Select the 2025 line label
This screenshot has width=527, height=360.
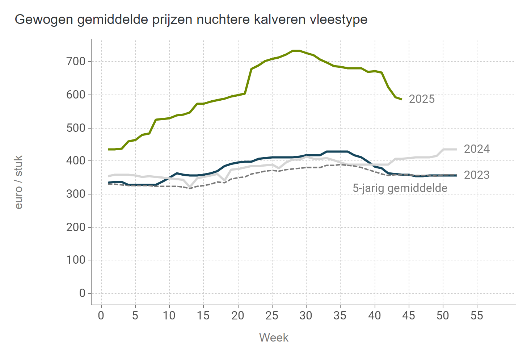pos(422,99)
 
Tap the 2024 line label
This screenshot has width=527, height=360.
pos(477,149)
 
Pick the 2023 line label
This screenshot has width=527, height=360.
pos(477,175)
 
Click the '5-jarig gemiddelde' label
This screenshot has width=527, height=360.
pos(400,188)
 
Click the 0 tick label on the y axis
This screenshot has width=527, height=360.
pos(82,293)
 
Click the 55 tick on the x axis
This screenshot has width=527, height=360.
pos(477,315)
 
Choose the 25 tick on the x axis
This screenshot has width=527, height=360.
pos(272,315)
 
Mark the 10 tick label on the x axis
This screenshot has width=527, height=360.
pos(169,315)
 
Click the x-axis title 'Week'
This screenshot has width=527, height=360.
pos(274,338)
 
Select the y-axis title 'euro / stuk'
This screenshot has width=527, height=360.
pos(19,182)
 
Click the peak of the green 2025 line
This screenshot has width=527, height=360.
pos(296,51)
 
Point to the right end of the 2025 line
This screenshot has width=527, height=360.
pos(401,99)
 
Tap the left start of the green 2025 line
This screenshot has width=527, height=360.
pos(109,149)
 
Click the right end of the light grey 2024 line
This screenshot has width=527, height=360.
pos(456,149)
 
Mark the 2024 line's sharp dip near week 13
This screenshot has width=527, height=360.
pos(190,187)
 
